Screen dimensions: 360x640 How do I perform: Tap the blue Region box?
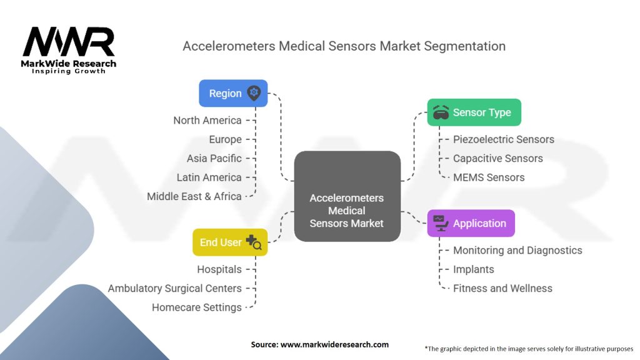click(x=233, y=93)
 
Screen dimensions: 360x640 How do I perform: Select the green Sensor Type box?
click(x=474, y=112)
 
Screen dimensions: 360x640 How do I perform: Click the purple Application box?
click(x=471, y=223)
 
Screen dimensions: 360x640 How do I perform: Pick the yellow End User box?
click(x=230, y=242)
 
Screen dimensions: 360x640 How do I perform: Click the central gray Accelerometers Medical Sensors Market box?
click(x=347, y=197)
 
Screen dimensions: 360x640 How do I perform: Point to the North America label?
click(x=207, y=120)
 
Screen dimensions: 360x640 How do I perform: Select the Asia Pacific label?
click(x=214, y=158)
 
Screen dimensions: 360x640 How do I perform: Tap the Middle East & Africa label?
click(x=194, y=196)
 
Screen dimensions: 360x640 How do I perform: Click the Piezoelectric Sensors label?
click(x=503, y=139)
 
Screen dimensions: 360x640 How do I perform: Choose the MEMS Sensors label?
click(x=489, y=177)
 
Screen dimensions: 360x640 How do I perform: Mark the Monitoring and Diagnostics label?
click(x=517, y=250)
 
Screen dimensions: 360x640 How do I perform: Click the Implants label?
click(x=473, y=269)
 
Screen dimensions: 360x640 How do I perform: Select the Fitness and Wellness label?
click(x=502, y=288)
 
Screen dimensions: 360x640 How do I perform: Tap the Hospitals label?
click(x=219, y=269)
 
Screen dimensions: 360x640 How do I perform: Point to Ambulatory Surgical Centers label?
click(x=175, y=288)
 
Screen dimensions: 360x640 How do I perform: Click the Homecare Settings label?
click(x=197, y=307)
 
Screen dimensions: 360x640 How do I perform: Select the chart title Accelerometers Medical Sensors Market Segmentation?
click(x=344, y=46)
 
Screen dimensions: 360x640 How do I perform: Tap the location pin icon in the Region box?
click(x=253, y=93)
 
